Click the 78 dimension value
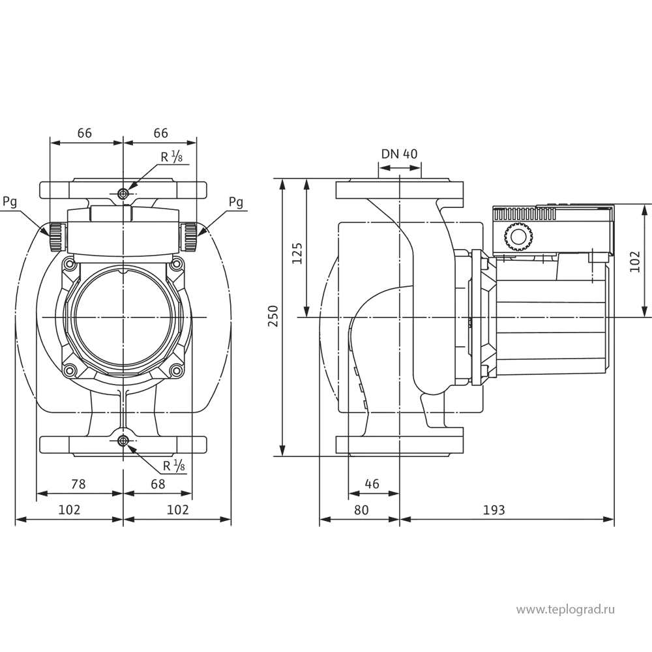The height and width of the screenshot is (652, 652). (x=78, y=484)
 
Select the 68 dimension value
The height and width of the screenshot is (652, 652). (x=157, y=484)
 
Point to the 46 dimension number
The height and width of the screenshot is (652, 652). (x=372, y=484)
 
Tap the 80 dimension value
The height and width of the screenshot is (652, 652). (x=361, y=510)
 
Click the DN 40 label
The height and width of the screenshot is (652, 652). (x=399, y=154)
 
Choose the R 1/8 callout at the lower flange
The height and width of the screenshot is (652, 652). (x=173, y=466)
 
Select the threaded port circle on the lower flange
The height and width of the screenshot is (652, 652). (x=123, y=442)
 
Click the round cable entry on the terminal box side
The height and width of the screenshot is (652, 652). (x=518, y=238)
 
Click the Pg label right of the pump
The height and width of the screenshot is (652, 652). (x=236, y=202)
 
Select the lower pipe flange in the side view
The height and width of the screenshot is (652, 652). (x=399, y=444)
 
